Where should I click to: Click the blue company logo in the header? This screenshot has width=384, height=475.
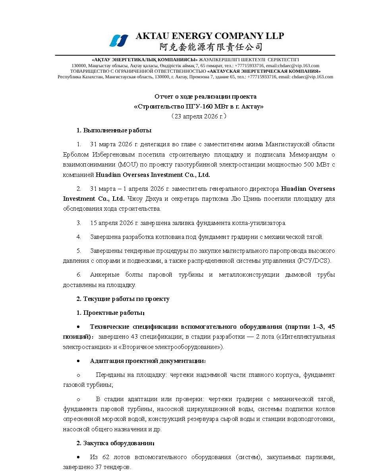pyautogui.click(x=119, y=41)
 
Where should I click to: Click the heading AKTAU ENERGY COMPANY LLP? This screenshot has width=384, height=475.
pyautogui.click(x=210, y=36)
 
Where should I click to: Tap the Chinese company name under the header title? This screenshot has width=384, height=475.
pyautogui.click(x=211, y=47)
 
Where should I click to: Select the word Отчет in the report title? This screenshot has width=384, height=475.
pyautogui.click(x=163, y=97)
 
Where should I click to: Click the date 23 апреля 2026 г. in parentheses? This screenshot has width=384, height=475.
pyautogui.click(x=199, y=116)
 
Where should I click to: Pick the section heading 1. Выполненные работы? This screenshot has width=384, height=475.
pyautogui.click(x=114, y=130)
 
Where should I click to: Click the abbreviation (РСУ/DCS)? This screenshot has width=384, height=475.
pyautogui.click(x=314, y=261)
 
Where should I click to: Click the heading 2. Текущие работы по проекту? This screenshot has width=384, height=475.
pyautogui.click(x=123, y=299)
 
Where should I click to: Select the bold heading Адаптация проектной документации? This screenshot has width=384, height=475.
pyautogui.click(x=148, y=361)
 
